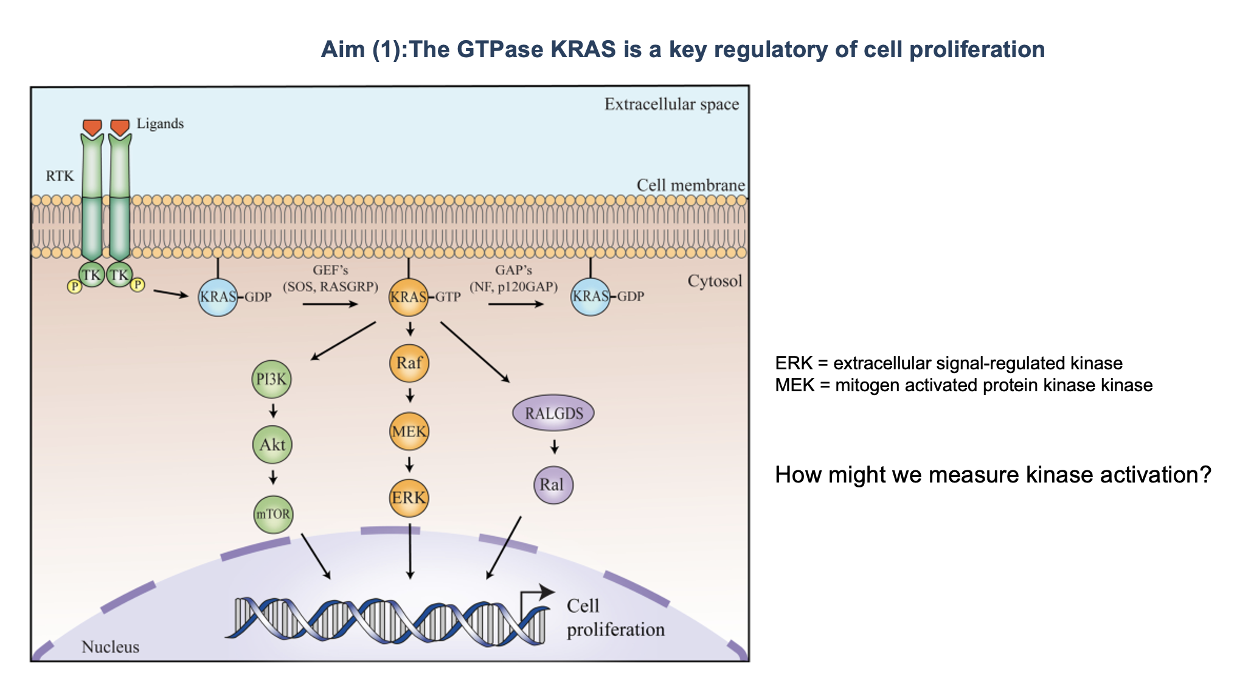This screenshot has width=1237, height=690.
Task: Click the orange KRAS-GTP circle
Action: (409, 297)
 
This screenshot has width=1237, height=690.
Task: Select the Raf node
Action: (409, 363)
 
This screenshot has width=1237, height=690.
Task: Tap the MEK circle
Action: (409, 431)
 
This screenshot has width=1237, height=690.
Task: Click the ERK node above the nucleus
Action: (409, 498)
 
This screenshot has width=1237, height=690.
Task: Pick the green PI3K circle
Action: (271, 379)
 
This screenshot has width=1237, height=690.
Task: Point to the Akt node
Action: (272, 445)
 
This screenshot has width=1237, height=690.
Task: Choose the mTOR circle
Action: (273, 514)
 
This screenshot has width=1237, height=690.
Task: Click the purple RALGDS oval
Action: (553, 413)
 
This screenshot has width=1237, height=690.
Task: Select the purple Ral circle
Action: (553, 485)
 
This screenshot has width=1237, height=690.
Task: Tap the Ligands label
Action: (160, 124)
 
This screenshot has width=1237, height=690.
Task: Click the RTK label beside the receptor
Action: (60, 176)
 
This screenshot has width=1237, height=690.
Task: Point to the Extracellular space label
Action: (671, 105)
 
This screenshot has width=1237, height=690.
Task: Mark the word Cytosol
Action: (715, 281)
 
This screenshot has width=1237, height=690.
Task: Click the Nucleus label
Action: (110, 647)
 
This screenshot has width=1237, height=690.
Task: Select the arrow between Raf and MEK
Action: (410, 396)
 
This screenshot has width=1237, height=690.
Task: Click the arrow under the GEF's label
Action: (330, 304)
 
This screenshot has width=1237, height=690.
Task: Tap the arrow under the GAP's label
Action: (515, 304)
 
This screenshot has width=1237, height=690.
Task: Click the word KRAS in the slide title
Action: (583, 49)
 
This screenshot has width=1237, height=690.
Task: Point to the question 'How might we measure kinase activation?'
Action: (993, 475)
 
